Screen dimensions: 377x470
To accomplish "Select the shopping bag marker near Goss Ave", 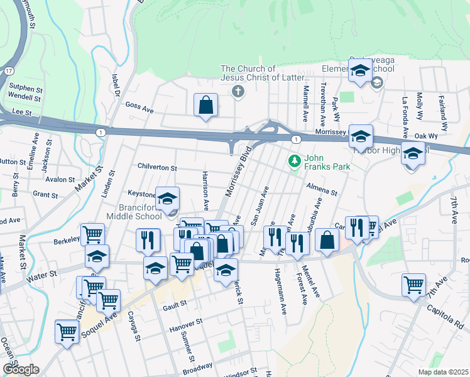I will pos(205,105).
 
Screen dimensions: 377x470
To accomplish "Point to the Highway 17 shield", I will pos(8,71).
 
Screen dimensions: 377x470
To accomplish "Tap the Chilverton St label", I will pos(157,168).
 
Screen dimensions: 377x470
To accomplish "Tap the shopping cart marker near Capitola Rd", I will pos(414,284).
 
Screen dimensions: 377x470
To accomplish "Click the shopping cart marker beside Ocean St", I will pos(67,331).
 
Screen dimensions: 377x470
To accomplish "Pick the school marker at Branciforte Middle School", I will pos(167,199).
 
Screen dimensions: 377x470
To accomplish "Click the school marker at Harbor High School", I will pos(361,136).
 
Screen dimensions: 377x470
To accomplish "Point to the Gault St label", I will pos(175,303).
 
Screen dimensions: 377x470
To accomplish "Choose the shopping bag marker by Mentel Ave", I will pos(327,241).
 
